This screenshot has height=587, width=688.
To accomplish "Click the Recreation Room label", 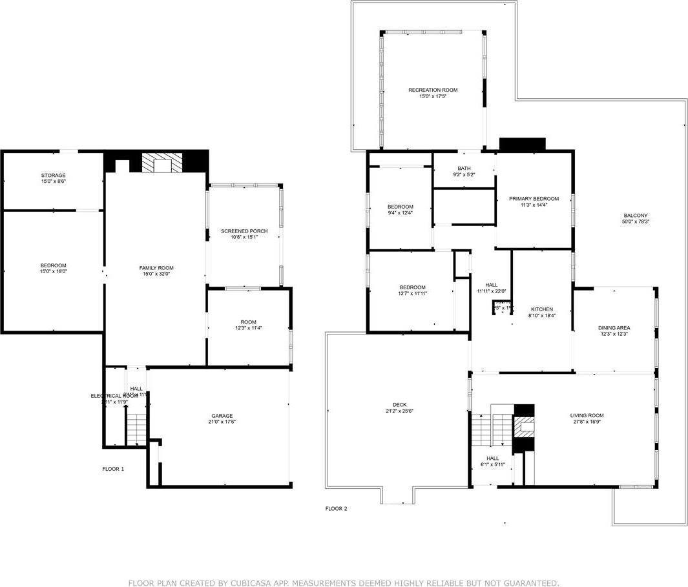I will click(x=432, y=90).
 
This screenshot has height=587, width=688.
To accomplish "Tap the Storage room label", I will click(x=53, y=175).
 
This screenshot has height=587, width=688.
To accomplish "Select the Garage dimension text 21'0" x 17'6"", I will click(x=222, y=422).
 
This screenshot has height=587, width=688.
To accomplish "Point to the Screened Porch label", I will click(x=244, y=231).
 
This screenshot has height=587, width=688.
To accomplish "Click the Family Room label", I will click(x=156, y=267).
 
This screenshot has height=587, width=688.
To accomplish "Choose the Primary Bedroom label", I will click(x=534, y=199).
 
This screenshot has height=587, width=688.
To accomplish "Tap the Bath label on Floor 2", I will click(x=464, y=168).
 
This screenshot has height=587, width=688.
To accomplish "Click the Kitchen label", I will click(x=542, y=309).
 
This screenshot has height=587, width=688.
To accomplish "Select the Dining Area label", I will click(x=614, y=328).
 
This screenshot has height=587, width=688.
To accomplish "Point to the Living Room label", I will click(x=587, y=415).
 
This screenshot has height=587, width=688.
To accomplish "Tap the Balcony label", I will click(x=636, y=216).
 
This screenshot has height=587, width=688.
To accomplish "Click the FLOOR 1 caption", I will click(x=113, y=469).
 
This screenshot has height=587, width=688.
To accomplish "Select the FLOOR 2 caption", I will click(x=336, y=509).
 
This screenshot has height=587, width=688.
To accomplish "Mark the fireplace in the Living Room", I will click(x=523, y=427).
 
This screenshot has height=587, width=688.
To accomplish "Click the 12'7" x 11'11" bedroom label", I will click(x=412, y=287).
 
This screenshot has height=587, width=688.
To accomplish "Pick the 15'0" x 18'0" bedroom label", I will click(x=53, y=265).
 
